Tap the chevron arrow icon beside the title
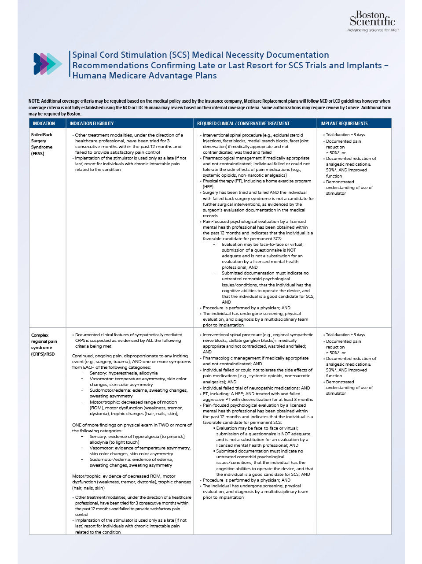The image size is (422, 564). pos(48,64)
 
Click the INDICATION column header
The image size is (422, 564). pos(44,123)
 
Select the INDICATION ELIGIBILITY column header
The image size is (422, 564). pos(92,123)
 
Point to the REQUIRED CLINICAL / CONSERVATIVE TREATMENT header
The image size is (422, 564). pos(243,123)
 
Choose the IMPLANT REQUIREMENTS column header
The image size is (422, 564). pos(344,123)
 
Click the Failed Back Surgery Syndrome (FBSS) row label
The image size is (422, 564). pos(42,144)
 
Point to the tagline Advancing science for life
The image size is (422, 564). pos(373,30)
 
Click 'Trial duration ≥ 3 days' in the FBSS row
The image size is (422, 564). pos(345,135)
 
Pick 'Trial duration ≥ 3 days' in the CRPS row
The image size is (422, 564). pos(345,335)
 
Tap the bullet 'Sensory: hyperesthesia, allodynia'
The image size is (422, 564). pos(123,373)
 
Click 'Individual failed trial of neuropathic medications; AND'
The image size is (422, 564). pos(256,388)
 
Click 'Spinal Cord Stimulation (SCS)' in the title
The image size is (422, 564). pos(131,55)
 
